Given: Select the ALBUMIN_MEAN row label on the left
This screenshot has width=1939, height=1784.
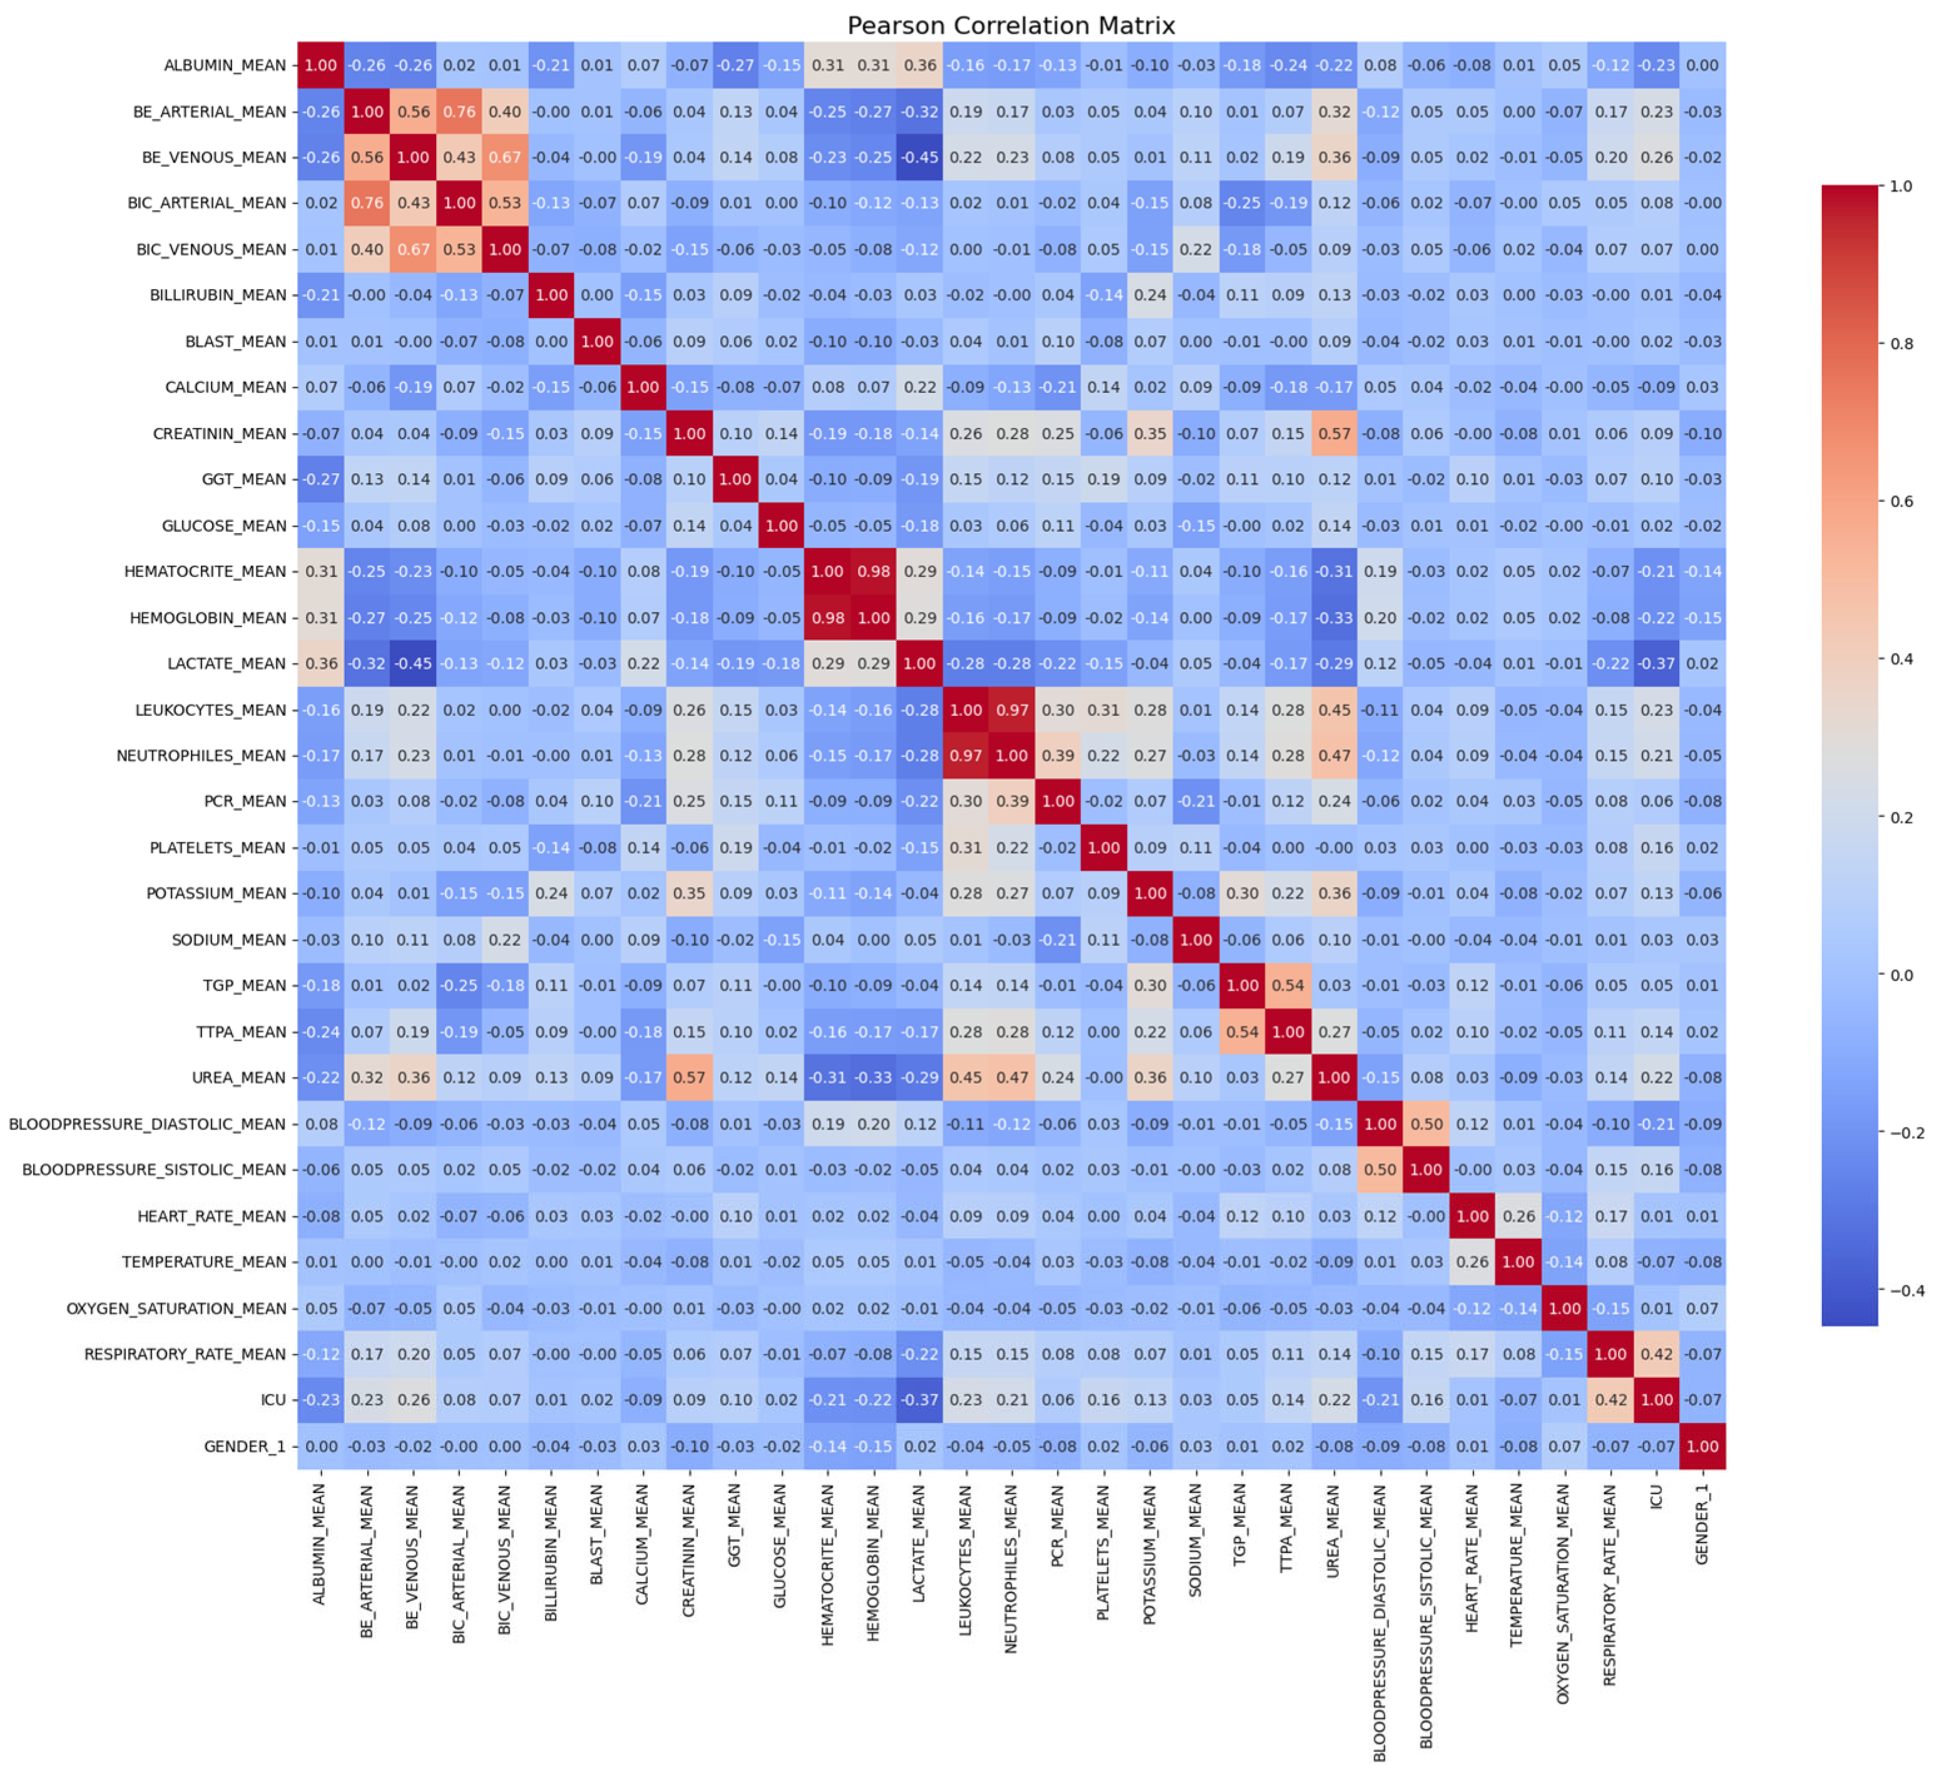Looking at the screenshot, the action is click(225, 66).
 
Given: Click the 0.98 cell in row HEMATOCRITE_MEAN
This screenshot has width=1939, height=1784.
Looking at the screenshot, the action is click(873, 571).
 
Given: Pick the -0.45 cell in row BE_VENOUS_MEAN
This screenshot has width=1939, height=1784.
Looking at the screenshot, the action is click(920, 157).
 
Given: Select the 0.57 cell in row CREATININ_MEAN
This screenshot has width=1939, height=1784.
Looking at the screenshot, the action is click(1334, 434).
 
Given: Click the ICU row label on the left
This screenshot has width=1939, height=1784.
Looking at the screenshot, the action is click(273, 1400).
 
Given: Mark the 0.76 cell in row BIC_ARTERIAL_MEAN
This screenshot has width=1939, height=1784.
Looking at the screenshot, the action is click(367, 203).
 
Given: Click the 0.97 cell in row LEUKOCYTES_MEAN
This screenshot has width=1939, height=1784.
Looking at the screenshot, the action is click(1012, 710).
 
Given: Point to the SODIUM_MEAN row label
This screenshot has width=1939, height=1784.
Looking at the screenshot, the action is click(229, 939).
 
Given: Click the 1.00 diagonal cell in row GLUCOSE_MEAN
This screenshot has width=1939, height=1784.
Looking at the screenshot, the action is click(781, 526).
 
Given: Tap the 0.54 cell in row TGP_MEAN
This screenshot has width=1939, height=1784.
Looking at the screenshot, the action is click(1288, 986).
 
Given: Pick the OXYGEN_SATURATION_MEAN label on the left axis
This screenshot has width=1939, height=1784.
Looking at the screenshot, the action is click(176, 1308).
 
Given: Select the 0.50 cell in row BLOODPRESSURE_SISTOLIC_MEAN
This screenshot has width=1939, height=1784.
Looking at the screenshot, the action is click(1380, 1170).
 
